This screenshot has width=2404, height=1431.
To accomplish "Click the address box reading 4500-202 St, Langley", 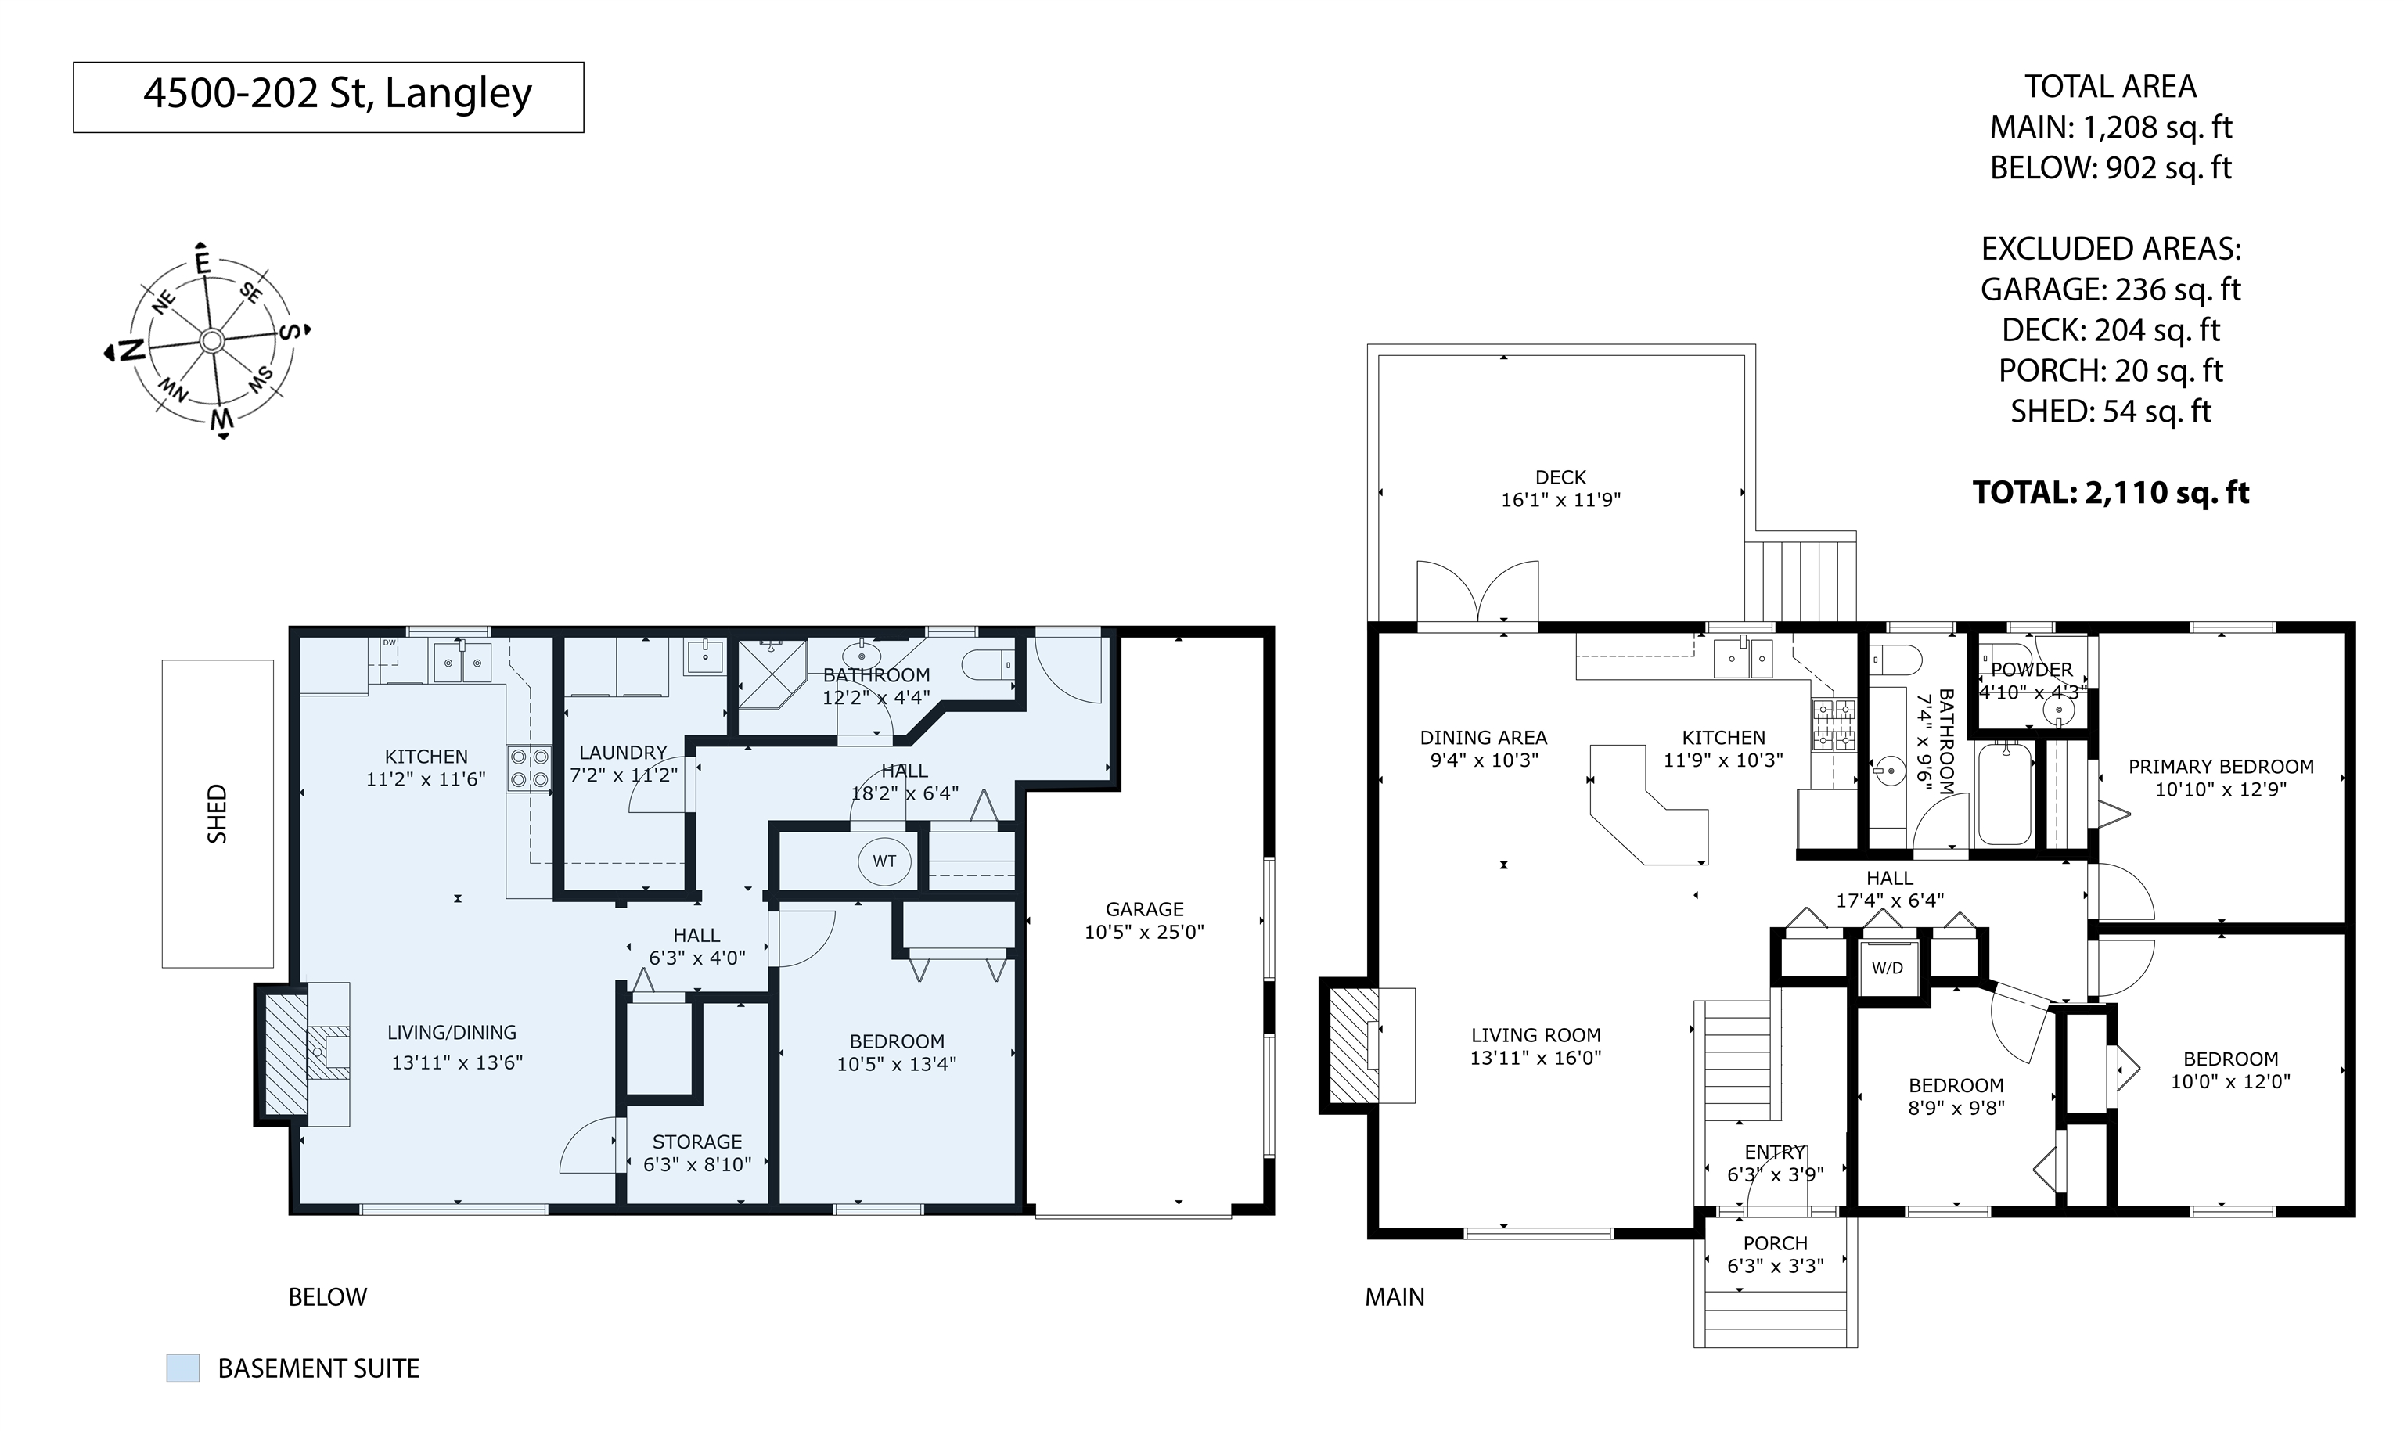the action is tap(328, 96).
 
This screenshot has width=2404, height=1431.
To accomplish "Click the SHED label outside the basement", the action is tap(218, 814).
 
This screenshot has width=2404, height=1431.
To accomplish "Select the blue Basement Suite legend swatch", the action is tap(183, 1368).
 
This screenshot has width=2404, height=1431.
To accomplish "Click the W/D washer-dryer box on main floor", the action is tap(1888, 968).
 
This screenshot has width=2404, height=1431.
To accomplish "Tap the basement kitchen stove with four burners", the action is tap(528, 768).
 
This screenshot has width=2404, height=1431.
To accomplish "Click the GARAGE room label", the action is tap(1145, 908).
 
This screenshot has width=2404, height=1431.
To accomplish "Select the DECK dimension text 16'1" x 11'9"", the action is tap(1561, 499).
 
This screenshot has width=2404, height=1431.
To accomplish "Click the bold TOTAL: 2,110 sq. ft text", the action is tap(2111, 493).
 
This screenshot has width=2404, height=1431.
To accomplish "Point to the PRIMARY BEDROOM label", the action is tap(2221, 767).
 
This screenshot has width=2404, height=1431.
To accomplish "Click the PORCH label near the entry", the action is tap(1776, 1244).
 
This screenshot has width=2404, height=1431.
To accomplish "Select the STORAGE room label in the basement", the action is tap(697, 1142).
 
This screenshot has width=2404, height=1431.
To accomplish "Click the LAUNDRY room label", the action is tap(623, 753).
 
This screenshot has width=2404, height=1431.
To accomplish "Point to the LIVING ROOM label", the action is tap(1536, 1036).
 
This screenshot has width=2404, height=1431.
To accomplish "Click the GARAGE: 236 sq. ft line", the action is tap(2111, 289).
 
